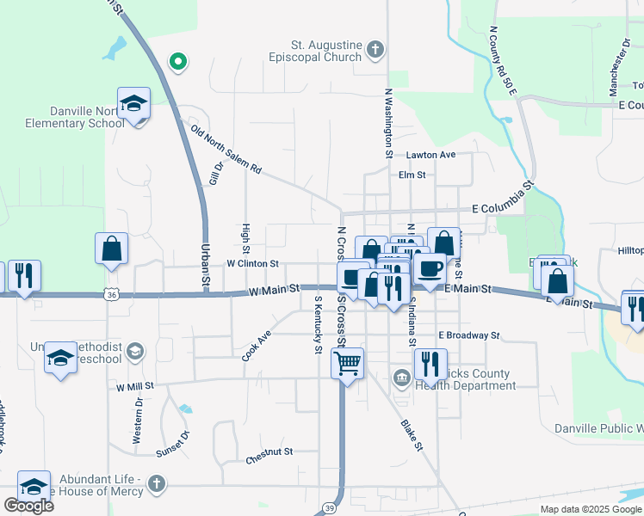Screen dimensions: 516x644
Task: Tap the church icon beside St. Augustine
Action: click(375, 49)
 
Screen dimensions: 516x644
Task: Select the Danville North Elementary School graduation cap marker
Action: click(133, 105)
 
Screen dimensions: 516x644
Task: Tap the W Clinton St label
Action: click(252, 263)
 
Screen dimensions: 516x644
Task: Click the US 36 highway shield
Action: click(112, 295)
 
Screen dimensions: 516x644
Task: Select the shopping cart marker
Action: click(347, 364)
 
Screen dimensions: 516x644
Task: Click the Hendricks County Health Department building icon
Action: click(402, 378)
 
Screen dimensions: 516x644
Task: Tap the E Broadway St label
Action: click(468, 335)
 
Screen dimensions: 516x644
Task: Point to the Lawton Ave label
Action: click(431, 155)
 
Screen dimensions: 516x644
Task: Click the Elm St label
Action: click(412, 175)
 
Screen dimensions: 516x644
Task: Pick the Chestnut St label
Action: click(269, 451)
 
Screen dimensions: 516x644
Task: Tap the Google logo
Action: click(28, 506)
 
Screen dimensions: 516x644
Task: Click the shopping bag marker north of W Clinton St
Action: click(112, 249)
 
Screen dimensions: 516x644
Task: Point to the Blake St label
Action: click(412, 435)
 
